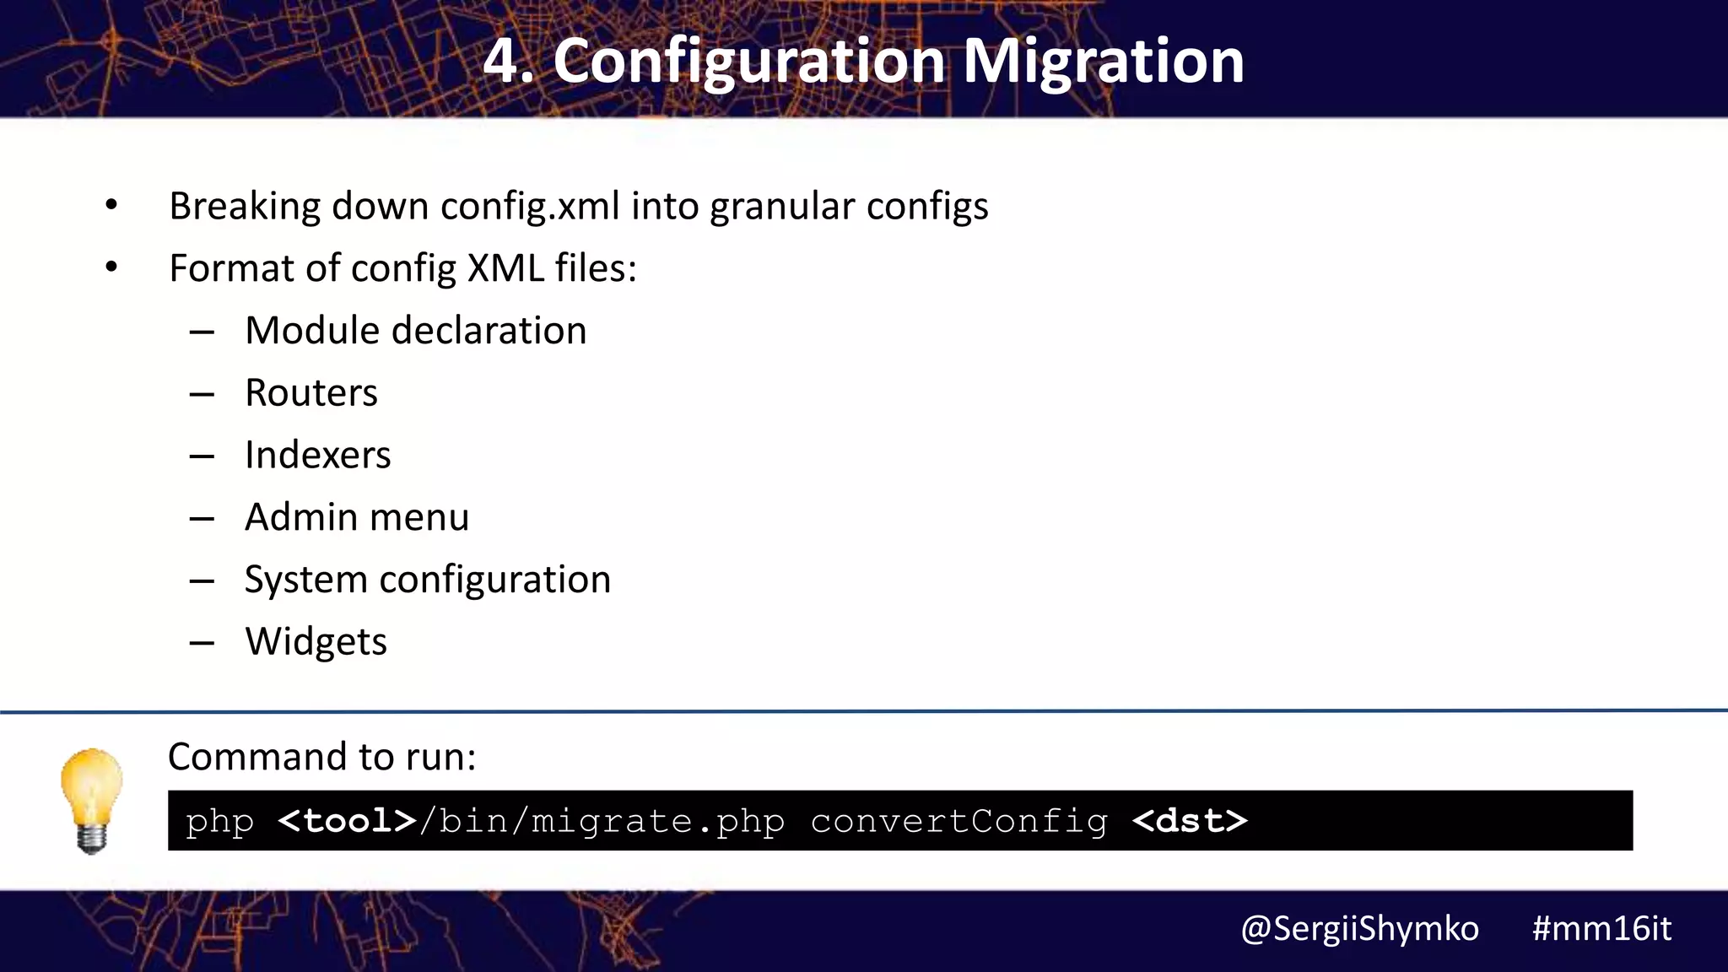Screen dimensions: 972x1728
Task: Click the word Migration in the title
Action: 1103,62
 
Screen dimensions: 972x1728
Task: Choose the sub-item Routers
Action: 311,393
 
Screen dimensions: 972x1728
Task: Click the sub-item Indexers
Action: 317,456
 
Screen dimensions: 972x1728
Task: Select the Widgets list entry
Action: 316,642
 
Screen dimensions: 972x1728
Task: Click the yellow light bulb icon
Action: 91,800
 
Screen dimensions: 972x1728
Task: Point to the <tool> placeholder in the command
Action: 347,821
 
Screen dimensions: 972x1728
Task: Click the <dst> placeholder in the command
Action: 1190,821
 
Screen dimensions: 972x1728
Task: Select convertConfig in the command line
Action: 959,821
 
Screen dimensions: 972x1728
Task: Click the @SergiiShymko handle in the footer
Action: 1359,929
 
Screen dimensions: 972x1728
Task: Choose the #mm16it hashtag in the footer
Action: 1601,929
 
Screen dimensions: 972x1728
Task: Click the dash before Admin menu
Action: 202,519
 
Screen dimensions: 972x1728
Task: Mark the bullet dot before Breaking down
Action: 111,205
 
